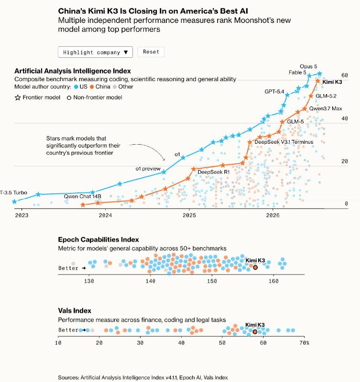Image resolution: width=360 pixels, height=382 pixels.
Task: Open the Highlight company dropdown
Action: [95, 52]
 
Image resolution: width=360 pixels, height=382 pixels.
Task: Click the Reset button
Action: [151, 52]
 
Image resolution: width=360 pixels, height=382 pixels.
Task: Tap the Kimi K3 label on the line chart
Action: [332, 82]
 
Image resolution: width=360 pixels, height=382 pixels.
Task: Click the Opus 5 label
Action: [308, 66]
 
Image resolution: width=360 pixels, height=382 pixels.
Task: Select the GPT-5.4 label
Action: [274, 92]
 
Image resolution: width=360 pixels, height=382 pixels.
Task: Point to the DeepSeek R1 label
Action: [213, 172]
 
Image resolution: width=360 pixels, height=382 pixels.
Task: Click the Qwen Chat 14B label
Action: [82, 196]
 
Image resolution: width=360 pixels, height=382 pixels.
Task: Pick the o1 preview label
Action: [148, 169]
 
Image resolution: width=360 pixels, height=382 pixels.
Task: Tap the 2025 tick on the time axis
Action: [189, 215]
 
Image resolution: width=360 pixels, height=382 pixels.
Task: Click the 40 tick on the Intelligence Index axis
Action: [345, 118]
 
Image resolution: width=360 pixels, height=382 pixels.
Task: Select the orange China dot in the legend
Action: [92, 87]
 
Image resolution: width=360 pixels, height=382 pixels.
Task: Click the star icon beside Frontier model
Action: [18, 98]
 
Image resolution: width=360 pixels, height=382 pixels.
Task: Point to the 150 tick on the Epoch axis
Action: [212, 281]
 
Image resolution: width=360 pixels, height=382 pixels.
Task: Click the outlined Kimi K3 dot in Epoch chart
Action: [255, 267]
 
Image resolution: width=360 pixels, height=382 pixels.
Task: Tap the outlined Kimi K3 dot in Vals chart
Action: [255, 332]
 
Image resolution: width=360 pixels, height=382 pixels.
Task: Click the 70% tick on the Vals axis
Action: [304, 343]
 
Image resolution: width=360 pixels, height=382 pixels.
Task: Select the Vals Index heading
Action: [75, 311]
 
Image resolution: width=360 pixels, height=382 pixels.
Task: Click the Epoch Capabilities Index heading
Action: [98, 240]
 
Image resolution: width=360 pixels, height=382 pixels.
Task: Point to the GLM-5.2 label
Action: [326, 96]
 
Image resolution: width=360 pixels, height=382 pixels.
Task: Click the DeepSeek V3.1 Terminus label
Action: [284, 142]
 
